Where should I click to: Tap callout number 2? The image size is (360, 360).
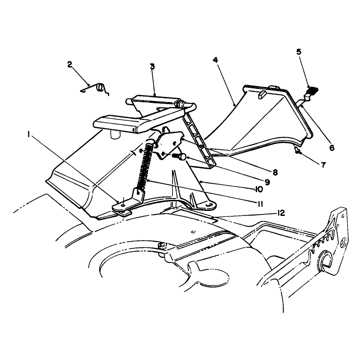pyautogui.click(x=70, y=64)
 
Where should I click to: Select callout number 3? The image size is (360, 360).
pyautogui.click(x=152, y=67)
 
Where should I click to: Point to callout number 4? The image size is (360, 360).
pyautogui.click(x=215, y=60)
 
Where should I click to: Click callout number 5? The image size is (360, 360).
pyautogui.click(x=299, y=52)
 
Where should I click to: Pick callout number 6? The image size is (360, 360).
pyautogui.click(x=332, y=148)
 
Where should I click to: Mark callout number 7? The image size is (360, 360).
pyautogui.click(x=323, y=165)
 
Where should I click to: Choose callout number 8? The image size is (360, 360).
pyautogui.click(x=275, y=172)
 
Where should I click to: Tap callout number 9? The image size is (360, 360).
pyautogui.click(x=267, y=182)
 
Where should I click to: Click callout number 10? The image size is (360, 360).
pyautogui.click(x=258, y=189)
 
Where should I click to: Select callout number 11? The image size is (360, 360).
pyautogui.click(x=260, y=204)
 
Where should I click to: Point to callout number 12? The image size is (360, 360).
pyautogui.click(x=281, y=213)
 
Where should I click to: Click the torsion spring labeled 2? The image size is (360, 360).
pyautogui.click(x=95, y=89)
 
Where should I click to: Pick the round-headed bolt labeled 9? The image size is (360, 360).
pyautogui.click(x=180, y=156)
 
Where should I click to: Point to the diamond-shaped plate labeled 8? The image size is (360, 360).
pyautogui.click(x=169, y=144)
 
